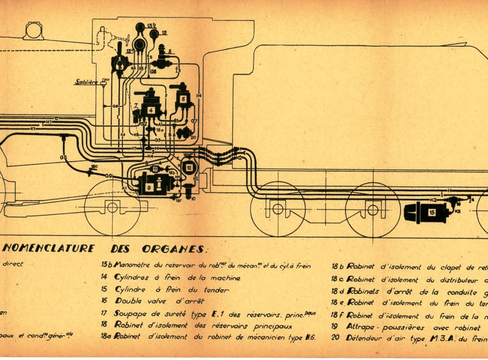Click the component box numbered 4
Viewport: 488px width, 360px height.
[x=151, y=110]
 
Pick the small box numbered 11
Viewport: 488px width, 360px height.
[x=154, y=169]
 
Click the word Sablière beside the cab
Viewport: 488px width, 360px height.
[x=86, y=82]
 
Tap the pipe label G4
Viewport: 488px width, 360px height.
[x=199, y=96]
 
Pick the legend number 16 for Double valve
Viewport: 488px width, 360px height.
[x=104, y=301]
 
